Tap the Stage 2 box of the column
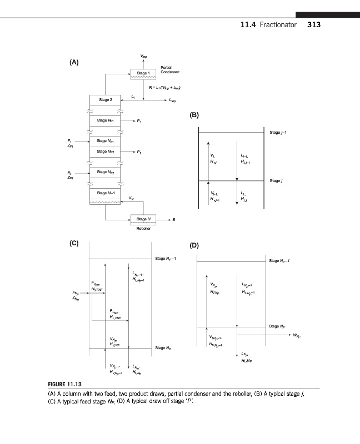(105, 100)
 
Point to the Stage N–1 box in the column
(105, 193)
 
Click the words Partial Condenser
(169, 69)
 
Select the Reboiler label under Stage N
(144, 229)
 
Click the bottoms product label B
(174, 220)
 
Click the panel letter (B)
(194, 115)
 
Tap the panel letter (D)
(194, 245)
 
